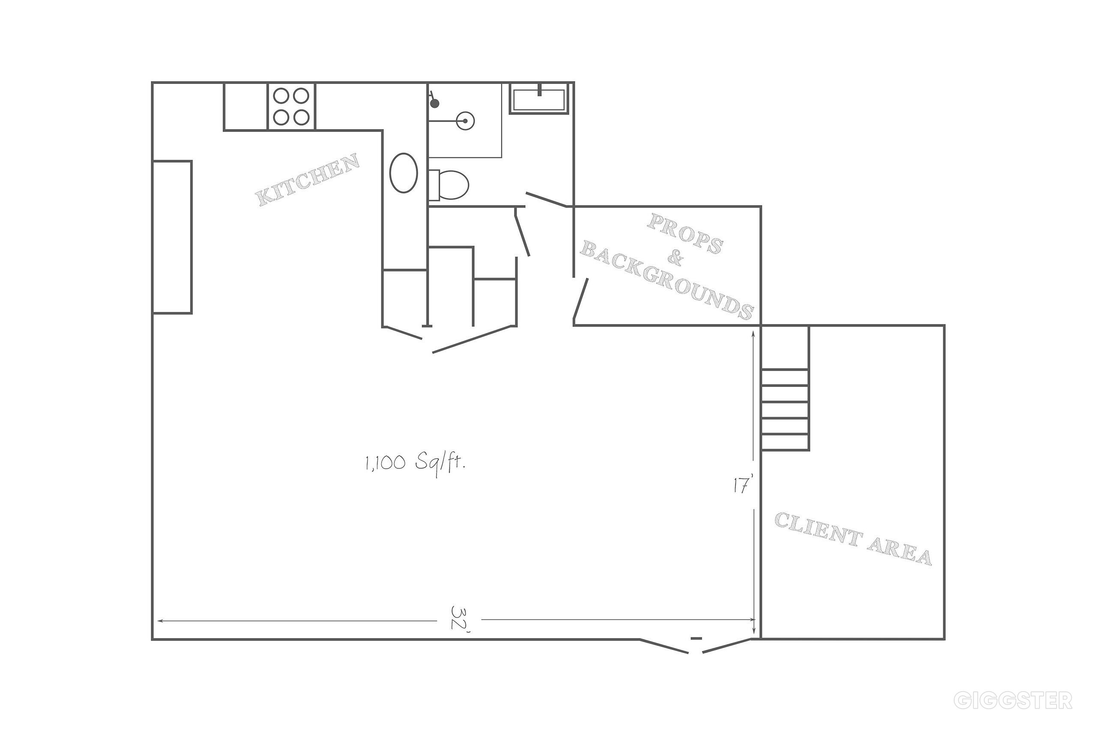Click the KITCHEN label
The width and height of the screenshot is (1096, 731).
pos(308,180)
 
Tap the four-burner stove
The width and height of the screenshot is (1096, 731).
pos(291,106)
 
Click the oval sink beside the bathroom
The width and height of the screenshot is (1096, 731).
pos(403,173)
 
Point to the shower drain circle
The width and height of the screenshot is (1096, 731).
pos(465,121)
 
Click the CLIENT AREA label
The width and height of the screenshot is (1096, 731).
pos(852,539)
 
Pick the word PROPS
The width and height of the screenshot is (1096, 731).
pos(684,234)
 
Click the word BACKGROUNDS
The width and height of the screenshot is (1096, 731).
pos(667,280)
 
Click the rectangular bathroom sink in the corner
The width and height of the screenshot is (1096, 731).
pos(539,99)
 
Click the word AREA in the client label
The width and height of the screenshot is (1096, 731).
pos(899,551)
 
